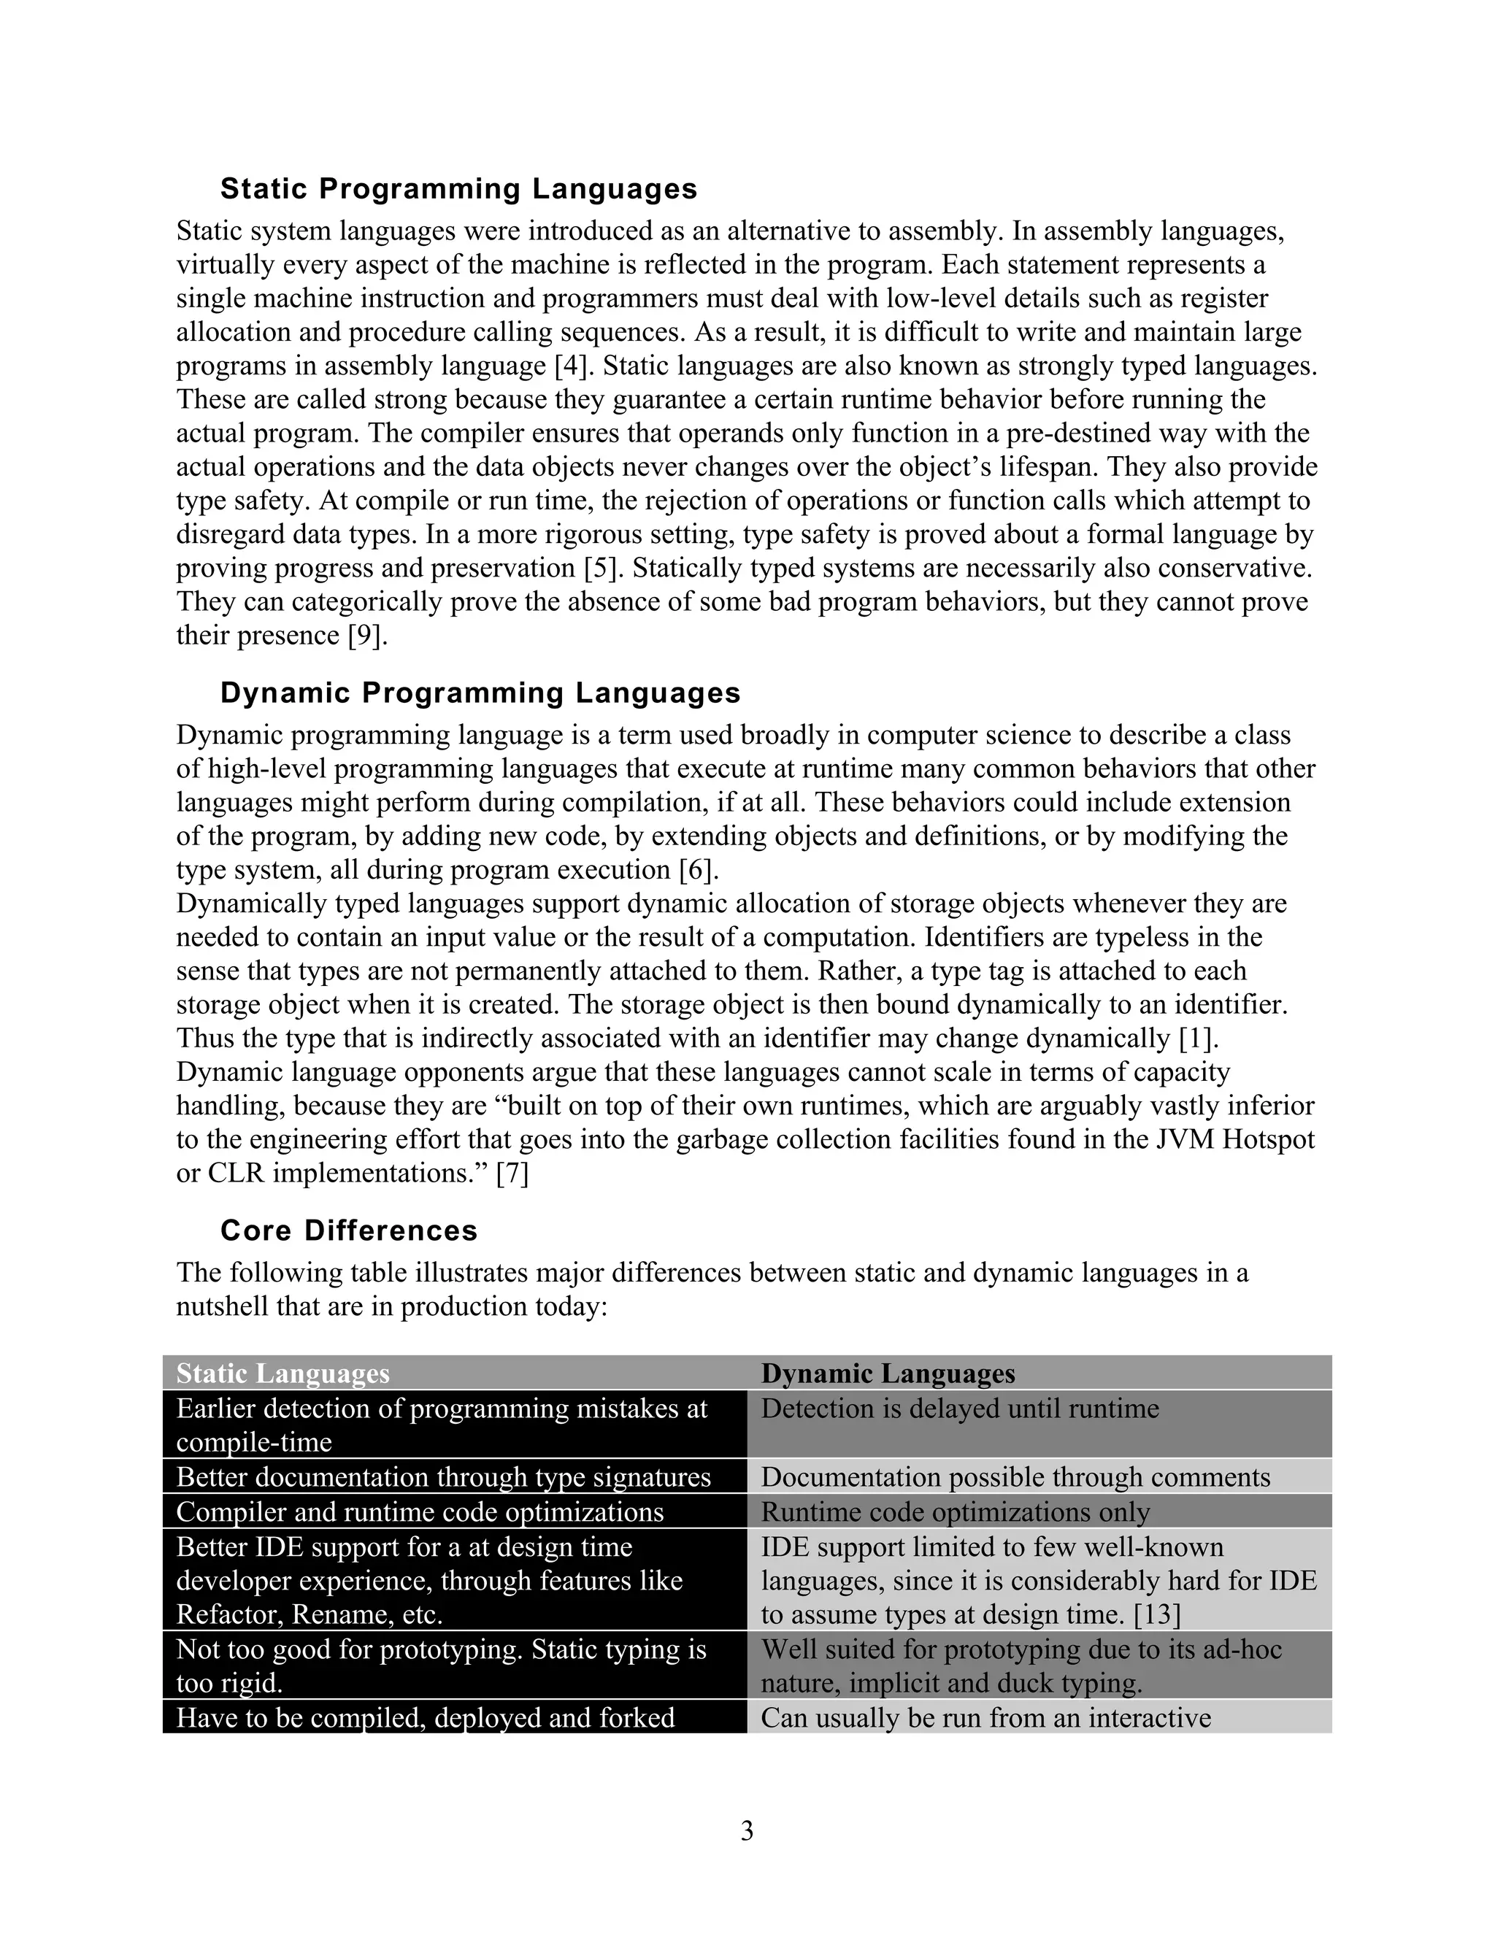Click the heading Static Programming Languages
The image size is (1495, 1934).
[458, 188]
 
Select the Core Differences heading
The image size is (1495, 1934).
[348, 1230]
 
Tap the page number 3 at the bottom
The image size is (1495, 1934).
[747, 1830]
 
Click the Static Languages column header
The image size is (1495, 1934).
[283, 1374]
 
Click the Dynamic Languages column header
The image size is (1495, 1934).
[888, 1374]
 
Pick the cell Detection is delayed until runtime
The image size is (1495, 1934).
[959, 1409]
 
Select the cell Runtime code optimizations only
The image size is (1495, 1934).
[955, 1511]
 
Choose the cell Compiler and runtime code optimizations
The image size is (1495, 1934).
[420, 1511]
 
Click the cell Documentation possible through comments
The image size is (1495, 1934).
[1015, 1477]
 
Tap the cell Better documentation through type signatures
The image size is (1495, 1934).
[443, 1477]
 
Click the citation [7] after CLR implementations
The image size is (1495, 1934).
[512, 1174]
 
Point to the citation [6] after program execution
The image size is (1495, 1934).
[695, 870]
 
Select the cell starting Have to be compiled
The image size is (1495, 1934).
[425, 1718]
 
